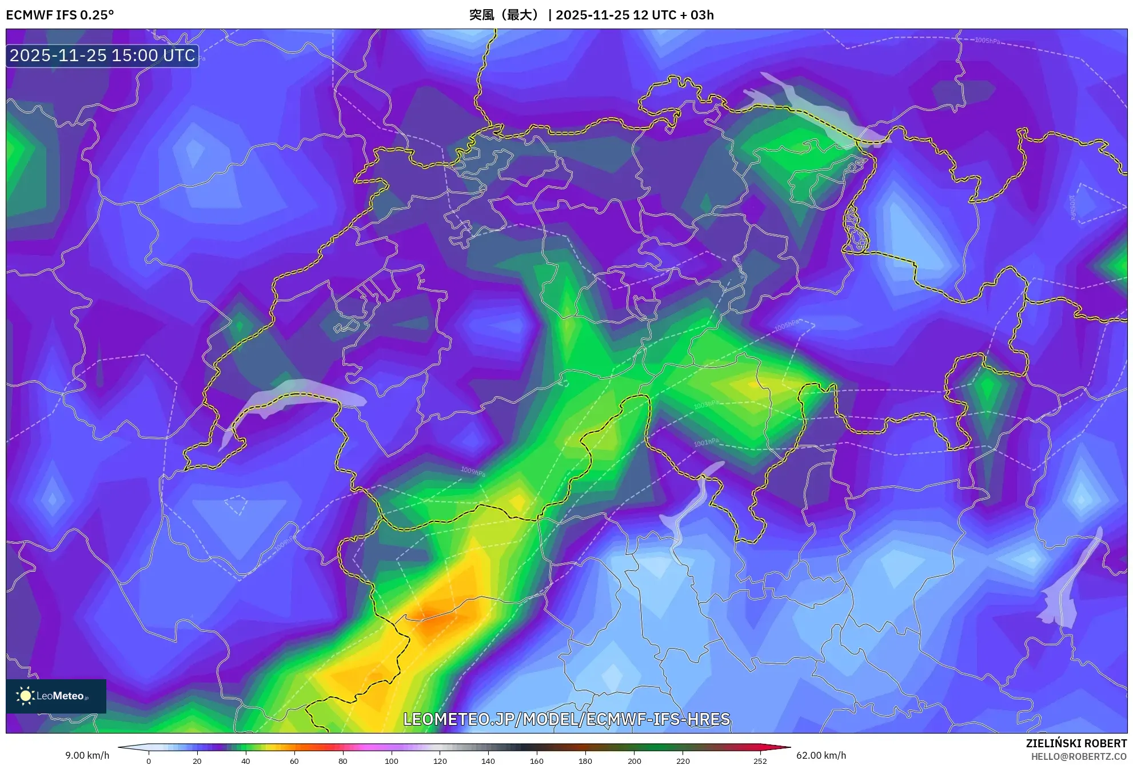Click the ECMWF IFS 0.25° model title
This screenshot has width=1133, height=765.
pos(60,15)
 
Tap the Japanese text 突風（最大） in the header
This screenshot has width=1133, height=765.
pos(504,15)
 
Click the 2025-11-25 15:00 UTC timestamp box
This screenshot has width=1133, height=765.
pos(102,55)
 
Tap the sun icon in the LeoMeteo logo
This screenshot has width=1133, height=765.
pos(25,695)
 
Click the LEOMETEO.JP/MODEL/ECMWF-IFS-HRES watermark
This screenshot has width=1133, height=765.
pos(566,719)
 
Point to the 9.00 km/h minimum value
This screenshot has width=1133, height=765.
pos(87,755)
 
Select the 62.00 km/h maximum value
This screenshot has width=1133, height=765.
pos(821,755)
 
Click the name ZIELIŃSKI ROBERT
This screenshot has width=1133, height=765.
pos(1076,743)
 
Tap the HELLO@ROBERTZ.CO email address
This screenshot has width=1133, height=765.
pos(1079,756)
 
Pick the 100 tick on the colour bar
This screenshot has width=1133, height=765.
pos(392,760)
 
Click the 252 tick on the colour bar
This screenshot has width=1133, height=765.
pos(760,760)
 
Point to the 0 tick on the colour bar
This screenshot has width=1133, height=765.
pos(149,760)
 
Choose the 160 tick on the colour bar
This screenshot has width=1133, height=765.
pos(537,760)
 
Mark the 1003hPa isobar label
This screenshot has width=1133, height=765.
pos(707,405)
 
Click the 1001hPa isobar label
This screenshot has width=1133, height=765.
pos(707,443)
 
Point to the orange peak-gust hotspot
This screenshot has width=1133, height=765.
pos(434,620)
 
